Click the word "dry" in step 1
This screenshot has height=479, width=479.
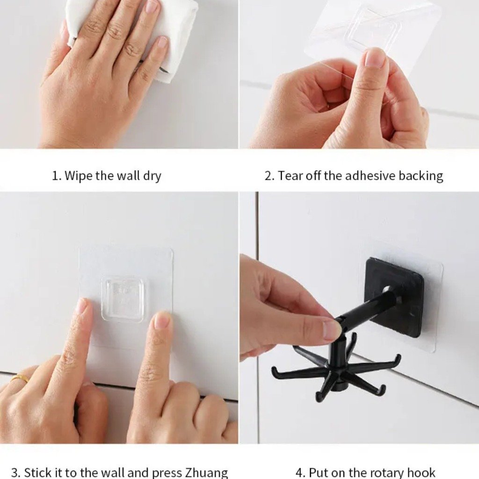tap(152, 176)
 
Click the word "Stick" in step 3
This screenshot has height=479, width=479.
tap(38, 472)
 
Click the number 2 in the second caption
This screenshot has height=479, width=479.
tap(268, 176)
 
